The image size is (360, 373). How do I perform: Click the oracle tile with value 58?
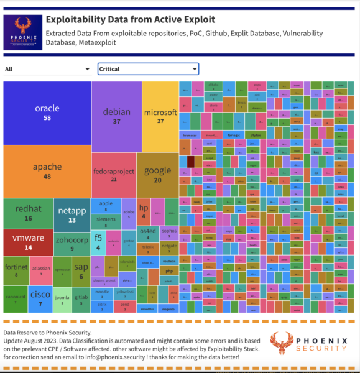47,113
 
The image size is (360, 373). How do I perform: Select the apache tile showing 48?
47,171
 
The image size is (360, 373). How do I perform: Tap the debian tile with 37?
116,116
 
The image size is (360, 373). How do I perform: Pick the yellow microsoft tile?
160,116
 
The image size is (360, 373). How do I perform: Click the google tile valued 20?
157,175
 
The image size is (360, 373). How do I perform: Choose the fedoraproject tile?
113,174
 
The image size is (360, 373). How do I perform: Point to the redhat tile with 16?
28,213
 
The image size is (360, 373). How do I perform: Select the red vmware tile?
28,242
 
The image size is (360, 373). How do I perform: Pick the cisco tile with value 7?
40,299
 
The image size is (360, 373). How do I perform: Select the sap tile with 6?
81,270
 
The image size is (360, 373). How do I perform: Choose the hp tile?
143,211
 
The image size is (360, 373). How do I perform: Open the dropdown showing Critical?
148,69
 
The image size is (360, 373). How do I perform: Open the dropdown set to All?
47,69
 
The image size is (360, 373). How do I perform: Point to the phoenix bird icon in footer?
283,345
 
